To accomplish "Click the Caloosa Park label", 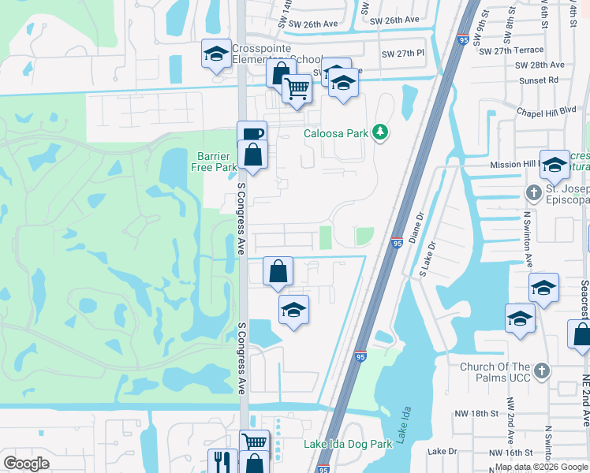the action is click(x=336, y=133).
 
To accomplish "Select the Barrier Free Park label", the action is click(x=213, y=162).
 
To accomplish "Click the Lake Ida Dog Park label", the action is click(x=348, y=444).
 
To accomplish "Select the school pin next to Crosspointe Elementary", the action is click(x=216, y=54).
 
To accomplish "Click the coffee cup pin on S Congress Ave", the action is click(x=252, y=134).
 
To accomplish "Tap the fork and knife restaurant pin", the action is click(x=222, y=461).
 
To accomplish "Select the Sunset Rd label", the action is click(x=542, y=80).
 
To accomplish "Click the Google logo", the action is click(x=26, y=464).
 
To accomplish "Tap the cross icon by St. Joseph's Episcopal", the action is click(x=533, y=192).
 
